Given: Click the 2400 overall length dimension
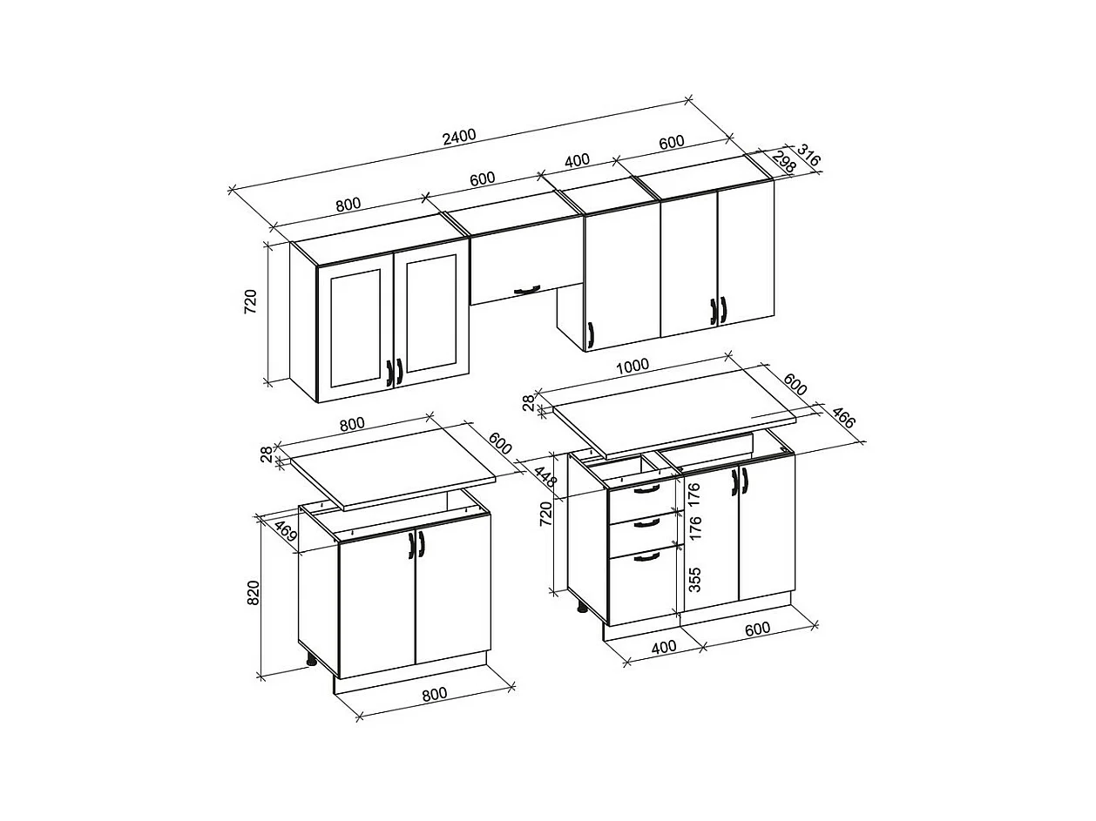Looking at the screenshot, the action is click(459, 137).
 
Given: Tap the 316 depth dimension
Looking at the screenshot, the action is click(808, 155).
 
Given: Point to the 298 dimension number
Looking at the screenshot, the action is click(783, 162).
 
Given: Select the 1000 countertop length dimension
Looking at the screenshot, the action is click(633, 367).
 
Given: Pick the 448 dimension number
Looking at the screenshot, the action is click(545, 476).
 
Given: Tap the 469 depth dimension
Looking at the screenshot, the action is click(286, 531).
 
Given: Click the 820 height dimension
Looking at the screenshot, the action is click(254, 593).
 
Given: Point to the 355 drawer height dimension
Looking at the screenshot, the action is click(694, 579).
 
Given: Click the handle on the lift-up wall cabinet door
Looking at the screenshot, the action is click(527, 289).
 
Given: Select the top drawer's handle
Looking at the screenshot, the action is click(646, 489).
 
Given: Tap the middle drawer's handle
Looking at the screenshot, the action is click(646, 522).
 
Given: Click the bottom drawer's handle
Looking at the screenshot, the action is click(646, 556).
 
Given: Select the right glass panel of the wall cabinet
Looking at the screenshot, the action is click(431, 313).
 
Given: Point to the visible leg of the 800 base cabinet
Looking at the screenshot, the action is click(312, 661).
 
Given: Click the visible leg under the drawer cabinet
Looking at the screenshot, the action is click(582, 607).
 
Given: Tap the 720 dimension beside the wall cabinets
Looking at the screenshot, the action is click(250, 301).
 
